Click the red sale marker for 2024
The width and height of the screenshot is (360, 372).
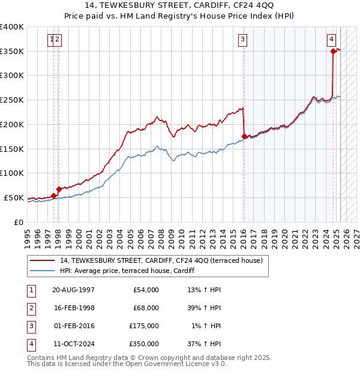click(333, 51)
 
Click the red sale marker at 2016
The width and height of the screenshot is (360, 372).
click(244, 136)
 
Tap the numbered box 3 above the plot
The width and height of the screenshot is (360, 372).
click(242, 40)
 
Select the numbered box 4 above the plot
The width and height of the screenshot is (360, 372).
click(331, 40)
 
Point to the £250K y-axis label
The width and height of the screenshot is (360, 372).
click(12, 100)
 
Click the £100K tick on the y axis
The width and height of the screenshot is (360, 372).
click(12, 173)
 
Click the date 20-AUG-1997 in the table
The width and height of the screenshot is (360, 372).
click(73, 290)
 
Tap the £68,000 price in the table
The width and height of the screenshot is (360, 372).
click(146, 308)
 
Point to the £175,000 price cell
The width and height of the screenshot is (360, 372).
click(144, 326)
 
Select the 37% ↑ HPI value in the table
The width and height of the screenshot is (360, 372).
click(205, 344)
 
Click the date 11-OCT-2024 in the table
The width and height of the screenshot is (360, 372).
click(73, 344)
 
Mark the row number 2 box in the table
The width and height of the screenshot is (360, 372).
click(30, 308)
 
